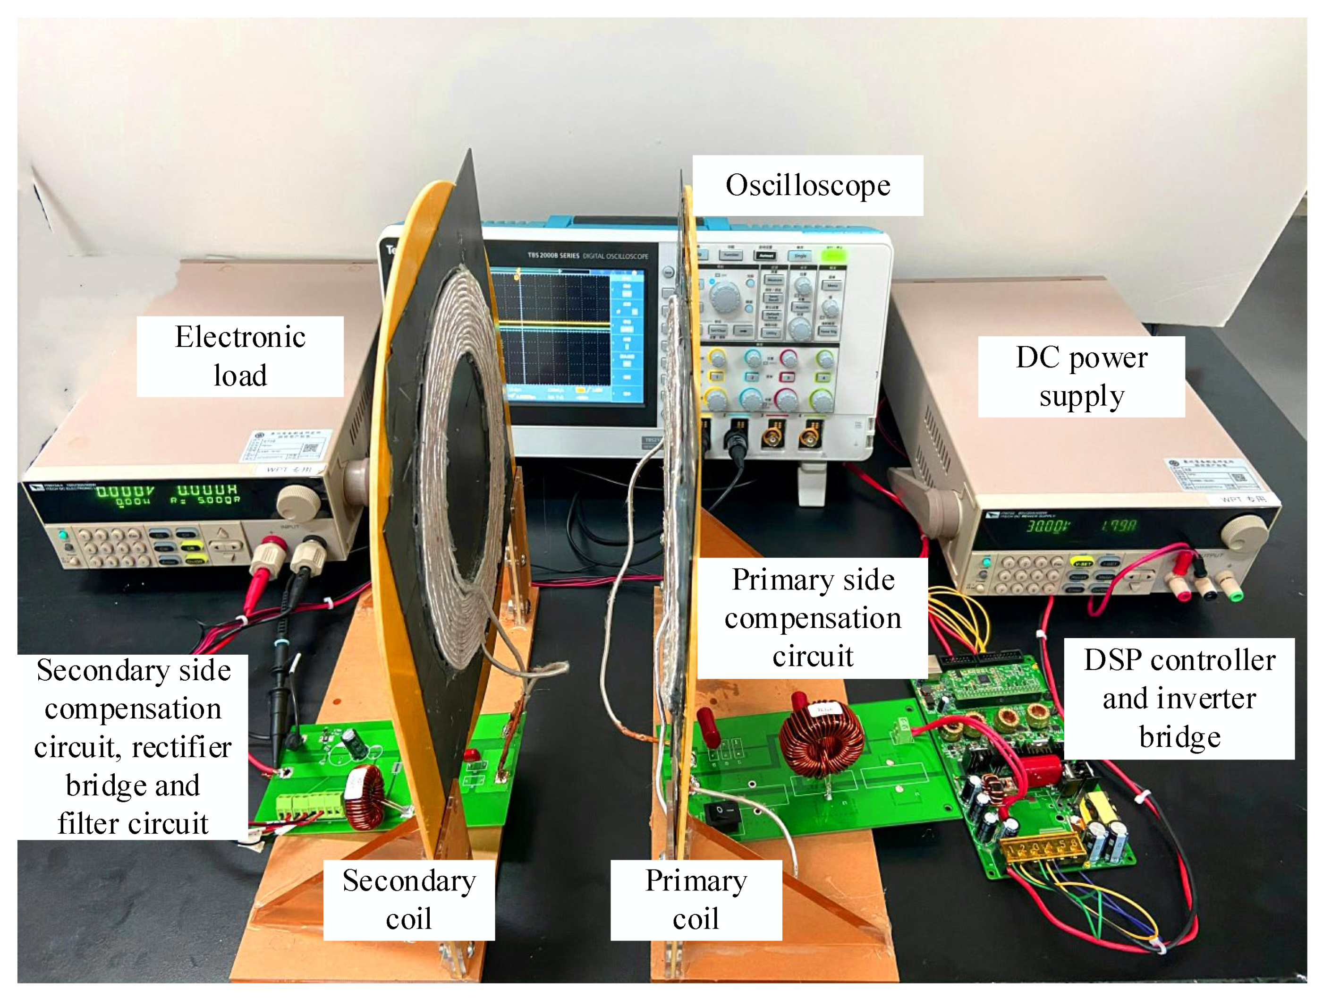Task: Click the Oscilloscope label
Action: tap(807, 186)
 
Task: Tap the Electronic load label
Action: tap(240, 357)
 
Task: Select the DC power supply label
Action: tap(1081, 376)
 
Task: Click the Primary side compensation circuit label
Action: tap(812, 617)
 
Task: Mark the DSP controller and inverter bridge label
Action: tap(1179, 698)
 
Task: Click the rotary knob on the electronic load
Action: tap(298, 501)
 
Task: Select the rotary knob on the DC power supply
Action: tap(1244, 532)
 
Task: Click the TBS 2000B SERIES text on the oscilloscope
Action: tap(553, 256)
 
